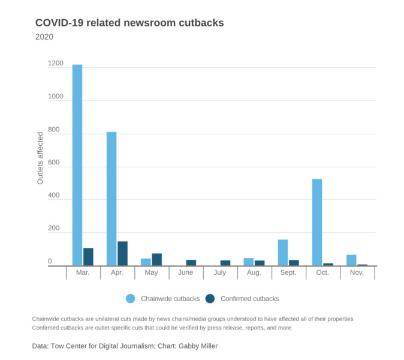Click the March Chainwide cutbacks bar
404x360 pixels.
pos(77,165)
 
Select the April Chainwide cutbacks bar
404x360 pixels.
pos(111,199)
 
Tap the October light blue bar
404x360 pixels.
pos(317,222)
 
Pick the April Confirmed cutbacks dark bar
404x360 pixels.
pos(123,254)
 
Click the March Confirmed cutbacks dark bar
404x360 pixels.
pos(88,257)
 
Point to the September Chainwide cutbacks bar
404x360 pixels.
pos(283,253)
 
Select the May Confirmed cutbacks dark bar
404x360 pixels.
pos(157,260)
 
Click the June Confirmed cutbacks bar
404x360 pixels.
pos(191,263)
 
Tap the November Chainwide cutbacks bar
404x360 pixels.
pos(351,260)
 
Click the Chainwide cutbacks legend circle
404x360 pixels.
pos(131,298)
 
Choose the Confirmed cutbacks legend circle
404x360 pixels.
pos(210,298)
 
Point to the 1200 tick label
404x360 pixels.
pos(56,64)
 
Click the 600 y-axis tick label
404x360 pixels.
pos(56,163)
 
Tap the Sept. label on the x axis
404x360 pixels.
pos(289,273)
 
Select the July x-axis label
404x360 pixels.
pos(221,273)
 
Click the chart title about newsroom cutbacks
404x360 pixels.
pos(129,23)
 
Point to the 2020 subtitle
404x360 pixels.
pos(44,37)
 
